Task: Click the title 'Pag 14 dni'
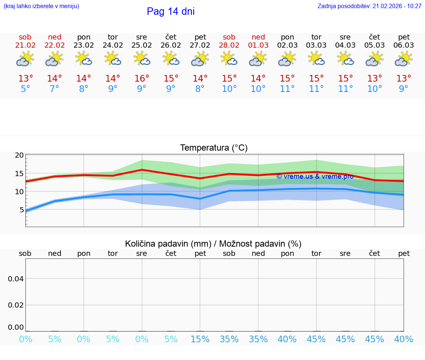(170, 11)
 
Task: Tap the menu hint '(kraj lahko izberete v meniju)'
(41, 6)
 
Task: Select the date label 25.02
(142, 45)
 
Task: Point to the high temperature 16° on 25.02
(142, 79)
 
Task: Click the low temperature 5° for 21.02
(25, 89)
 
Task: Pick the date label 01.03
(258, 45)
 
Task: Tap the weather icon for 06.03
(404, 59)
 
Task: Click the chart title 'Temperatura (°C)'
(214, 148)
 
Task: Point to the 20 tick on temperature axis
(19, 155)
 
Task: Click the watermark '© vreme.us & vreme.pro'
(315, 176)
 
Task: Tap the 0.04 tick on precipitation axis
(16, 279)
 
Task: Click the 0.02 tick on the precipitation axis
(16, 305)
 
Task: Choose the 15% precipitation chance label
(200, 339)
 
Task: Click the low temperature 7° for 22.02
(55, 89)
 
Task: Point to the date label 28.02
(229, 45)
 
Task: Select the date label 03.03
(316, 45)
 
